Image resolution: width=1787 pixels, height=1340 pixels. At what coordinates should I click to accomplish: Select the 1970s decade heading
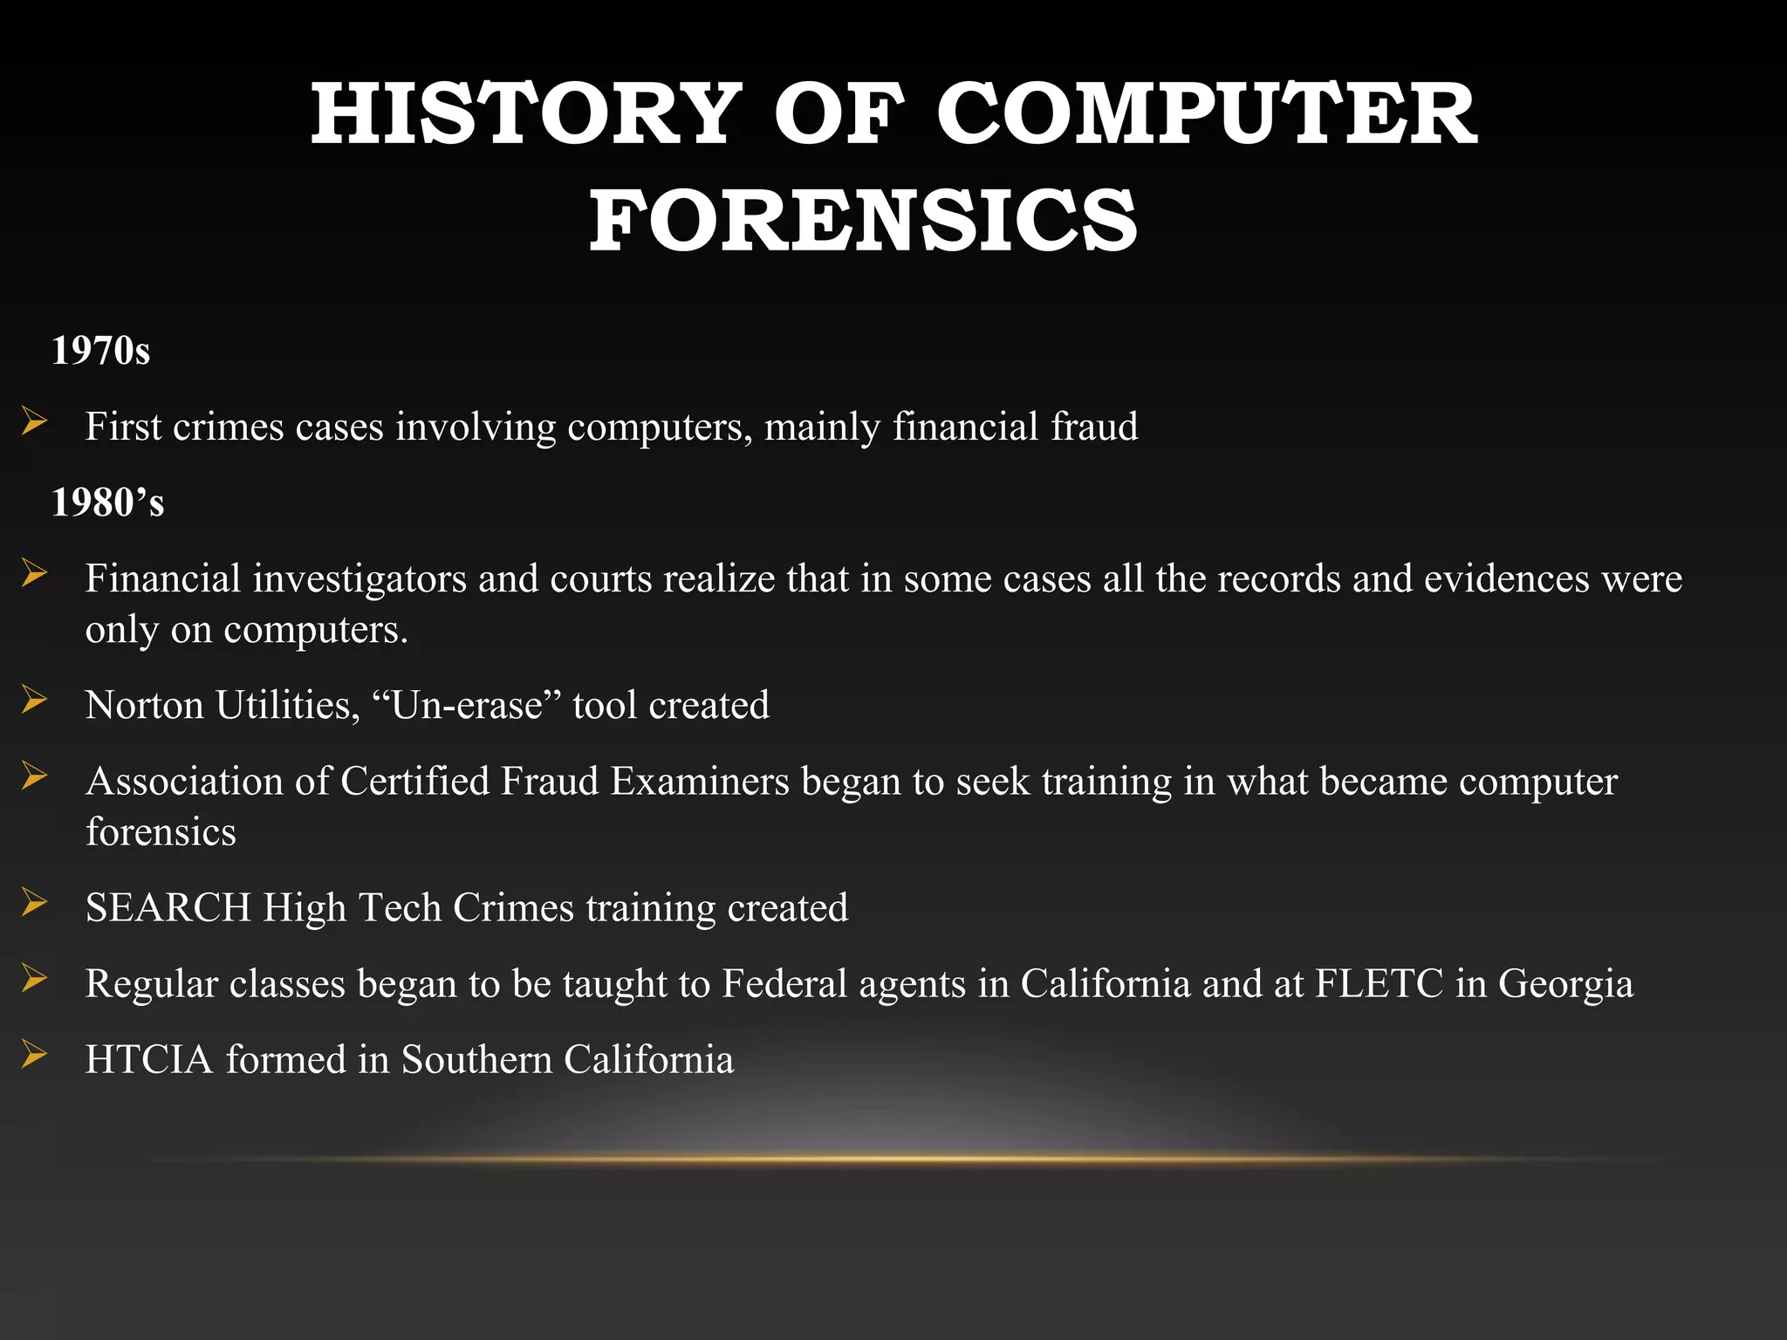coord(101,351)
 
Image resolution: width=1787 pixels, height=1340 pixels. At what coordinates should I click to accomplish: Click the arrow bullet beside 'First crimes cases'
coord(35,423)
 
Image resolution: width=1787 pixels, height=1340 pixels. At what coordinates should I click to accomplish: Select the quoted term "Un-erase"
coord(467,705)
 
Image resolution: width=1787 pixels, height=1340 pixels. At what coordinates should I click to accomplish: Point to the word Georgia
coord(1565,984)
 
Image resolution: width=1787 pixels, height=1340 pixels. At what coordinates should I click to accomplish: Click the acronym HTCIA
coord(149,1059)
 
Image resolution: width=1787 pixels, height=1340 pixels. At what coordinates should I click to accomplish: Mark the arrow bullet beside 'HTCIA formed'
coord(35,1056)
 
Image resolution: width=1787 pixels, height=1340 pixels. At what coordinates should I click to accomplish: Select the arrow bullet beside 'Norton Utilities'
coord(35,701)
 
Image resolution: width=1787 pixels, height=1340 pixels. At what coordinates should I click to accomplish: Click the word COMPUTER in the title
coord(1207,114)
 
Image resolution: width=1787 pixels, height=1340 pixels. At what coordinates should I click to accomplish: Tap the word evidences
coord(1506,578)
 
